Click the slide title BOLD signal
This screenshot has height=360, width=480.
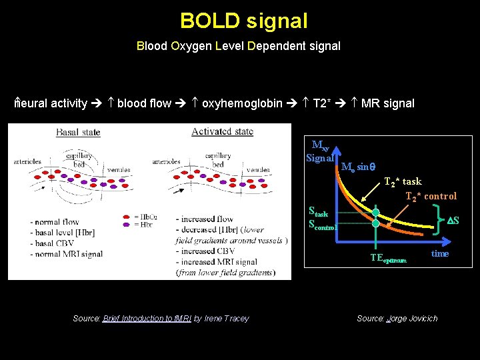point(243,21)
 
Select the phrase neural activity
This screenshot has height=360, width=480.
point(51,103)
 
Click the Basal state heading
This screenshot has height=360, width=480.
point(78,132)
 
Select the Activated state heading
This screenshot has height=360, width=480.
point(222,131)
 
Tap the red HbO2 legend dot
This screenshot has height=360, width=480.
point(127,217)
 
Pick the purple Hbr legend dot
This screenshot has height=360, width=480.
point(127,225)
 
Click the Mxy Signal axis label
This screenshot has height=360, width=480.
point(320,151)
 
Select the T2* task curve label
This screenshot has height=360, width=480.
point(403,182)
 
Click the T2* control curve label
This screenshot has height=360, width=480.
point(431,196)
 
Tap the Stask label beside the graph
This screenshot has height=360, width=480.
point(319,212)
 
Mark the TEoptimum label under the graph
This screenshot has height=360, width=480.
point(388,259)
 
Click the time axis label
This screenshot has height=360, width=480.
point(440,253)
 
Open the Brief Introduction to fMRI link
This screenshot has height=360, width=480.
point(147,319)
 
